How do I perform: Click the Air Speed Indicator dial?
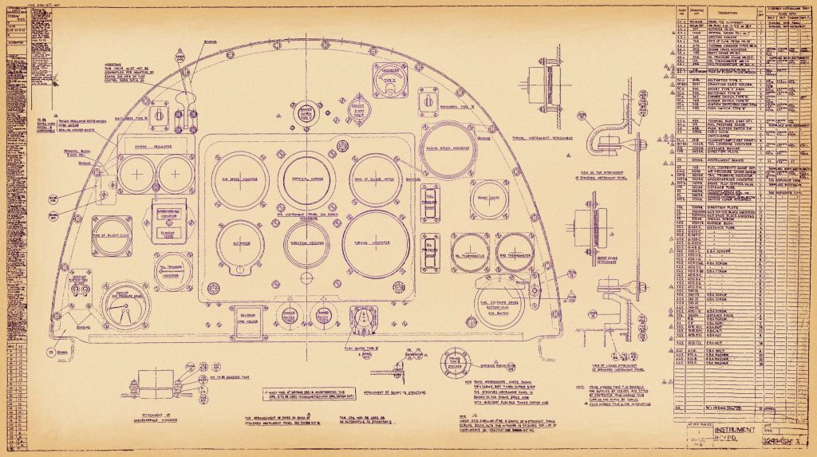tap(238, 179)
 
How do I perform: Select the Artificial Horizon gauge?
tap(306, 179)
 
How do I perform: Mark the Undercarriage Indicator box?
tap(168, 217)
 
